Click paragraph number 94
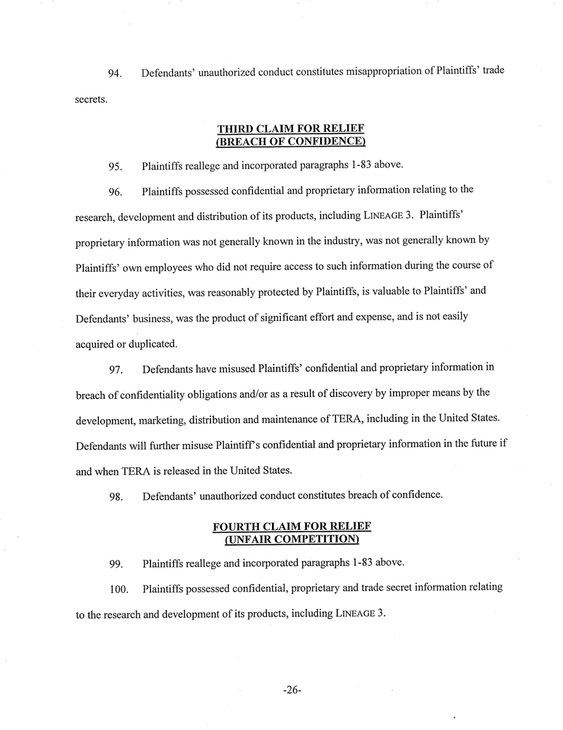tap(115, 74)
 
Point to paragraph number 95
tap(116, 166)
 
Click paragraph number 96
tap(116, 192)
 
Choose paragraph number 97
tap(116, 370)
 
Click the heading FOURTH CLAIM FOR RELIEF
tap(292, 526)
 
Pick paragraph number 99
tap(116, 564)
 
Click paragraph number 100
tap(119, 590)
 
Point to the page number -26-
tap(292, 690)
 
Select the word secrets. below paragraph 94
tap(91, 100)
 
